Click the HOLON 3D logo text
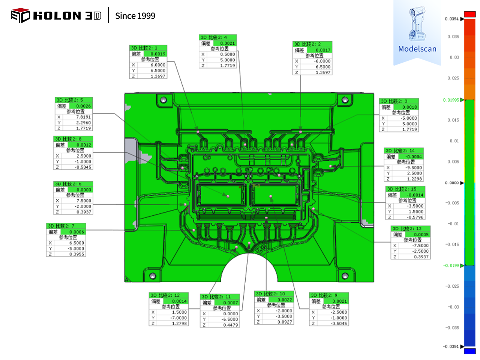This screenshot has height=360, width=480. click(x=67, y=16)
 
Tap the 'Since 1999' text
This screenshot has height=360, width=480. click(x=135, y=16)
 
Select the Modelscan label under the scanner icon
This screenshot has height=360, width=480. click(x=417, y=49)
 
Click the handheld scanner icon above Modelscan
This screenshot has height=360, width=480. click(x=417, y=24)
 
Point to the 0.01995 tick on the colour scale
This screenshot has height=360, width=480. click(x=451, y=100)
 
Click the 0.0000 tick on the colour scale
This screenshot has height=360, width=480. click(x=452, y=183)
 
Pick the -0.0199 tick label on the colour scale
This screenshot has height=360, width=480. click(x=451, y=265)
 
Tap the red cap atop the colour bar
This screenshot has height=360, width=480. click(x=469, y=14)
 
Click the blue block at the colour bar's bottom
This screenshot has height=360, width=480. click(x=469, y=351)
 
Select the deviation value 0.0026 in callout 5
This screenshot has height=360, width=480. click(x=83, y=106)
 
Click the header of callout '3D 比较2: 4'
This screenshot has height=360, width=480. click(x=217, y=37)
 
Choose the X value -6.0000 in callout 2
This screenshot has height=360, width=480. click(x=322, y=61)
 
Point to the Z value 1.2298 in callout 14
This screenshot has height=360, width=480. click(x=414, y=179)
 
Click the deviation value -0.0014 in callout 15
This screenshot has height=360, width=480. click(x=415, y=195)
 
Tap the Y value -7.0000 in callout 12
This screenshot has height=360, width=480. click(x=179, y=318)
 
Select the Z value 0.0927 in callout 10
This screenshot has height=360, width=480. click(x=285, y=322)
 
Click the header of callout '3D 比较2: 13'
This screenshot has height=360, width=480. click(x=410, y=228)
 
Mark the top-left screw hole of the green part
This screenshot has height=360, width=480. click(x=163, y=100)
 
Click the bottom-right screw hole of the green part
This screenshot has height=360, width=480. click(x=345, y=276)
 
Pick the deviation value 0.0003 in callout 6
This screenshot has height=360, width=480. click(x=84, y=190)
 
